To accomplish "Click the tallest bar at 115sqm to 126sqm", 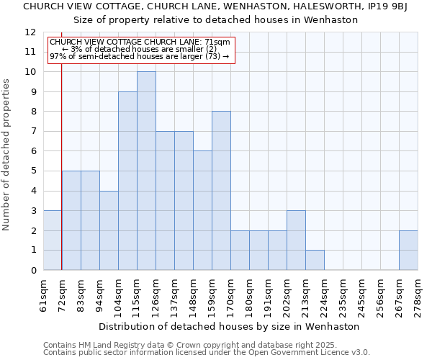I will click(x=146, y=171).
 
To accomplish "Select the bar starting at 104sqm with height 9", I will click(x=127, y=181).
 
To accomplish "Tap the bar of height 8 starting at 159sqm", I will click(x=221, y=191).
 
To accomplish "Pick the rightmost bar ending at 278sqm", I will click(x=408, y=250).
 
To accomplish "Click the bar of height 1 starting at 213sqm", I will click(x=315, y=260).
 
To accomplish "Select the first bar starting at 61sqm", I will click(x=52, y=240).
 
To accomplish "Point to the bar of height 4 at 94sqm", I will click(x=109, y=230).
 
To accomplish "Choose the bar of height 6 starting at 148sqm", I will click(x=202, y=210).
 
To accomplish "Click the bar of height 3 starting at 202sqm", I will click(x=296, y=240).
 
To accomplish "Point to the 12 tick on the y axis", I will click(x=30, y=32).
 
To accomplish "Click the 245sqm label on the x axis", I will click(x=362, y=295).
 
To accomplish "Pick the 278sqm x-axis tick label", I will click(x=418, y=295).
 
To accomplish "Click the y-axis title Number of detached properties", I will click(x=6, y=156).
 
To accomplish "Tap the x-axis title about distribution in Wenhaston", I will click(x=230, y=326).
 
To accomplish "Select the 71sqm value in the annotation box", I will click(x=217, y=42).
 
